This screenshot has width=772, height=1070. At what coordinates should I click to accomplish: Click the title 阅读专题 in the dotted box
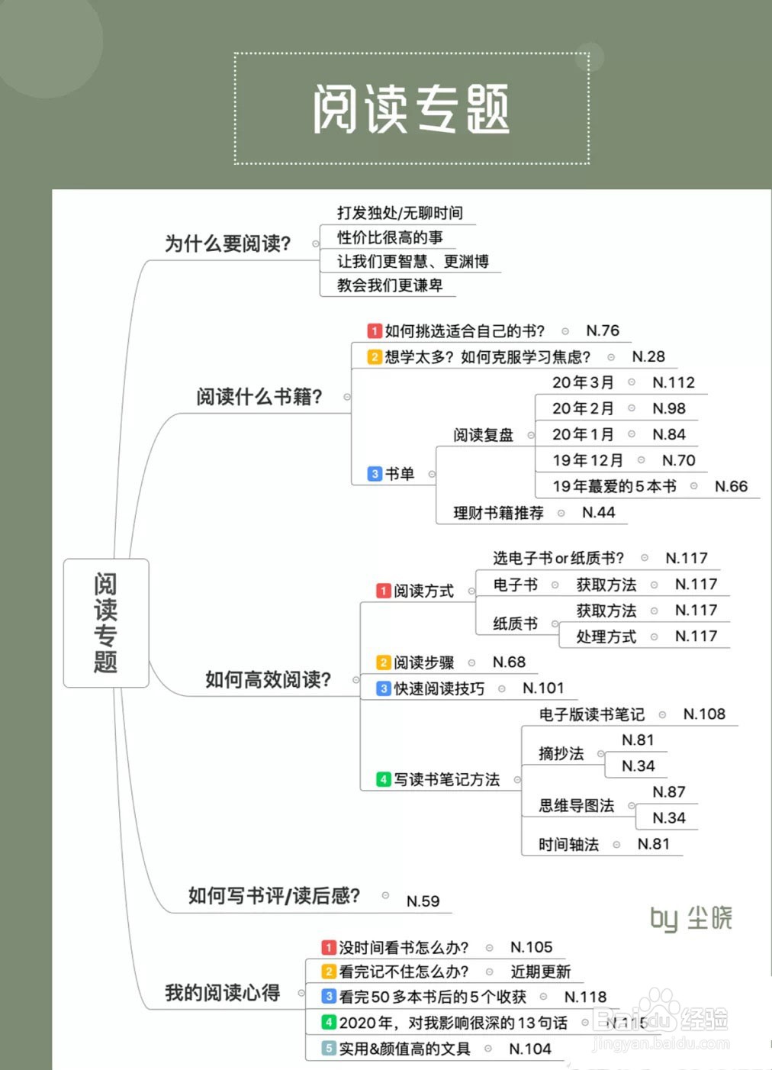(411, 109)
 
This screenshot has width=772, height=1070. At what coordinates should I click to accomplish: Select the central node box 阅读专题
(105, 623)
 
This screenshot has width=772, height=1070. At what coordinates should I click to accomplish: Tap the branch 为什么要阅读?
(227, 243)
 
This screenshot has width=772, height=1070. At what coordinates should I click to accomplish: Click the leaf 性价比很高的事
(390, 237)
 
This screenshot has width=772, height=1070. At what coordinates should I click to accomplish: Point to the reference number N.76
(603, 330)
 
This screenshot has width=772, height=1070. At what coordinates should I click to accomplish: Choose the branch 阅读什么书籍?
(259, 397)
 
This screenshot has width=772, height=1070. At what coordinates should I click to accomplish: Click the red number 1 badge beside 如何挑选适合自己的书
(374, 331)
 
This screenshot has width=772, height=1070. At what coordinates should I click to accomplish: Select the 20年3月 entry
(583, 382)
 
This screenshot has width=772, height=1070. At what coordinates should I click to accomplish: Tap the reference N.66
(731, 486)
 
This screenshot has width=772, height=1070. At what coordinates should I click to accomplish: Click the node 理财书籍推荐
(498, 513)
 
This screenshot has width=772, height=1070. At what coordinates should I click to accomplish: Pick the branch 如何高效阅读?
(268, 679)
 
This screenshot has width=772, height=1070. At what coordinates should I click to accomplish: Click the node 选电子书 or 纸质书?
(558, 558)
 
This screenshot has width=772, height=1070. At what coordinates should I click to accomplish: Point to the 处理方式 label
(606, 637)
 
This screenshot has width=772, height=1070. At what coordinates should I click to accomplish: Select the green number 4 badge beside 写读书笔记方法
(384, 779)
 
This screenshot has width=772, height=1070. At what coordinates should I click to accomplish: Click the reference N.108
(704, 714)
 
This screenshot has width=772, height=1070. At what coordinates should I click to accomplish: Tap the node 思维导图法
(576, 805)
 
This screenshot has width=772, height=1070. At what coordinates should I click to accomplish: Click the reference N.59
(423, 901)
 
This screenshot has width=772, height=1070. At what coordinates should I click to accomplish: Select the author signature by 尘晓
(690, 918)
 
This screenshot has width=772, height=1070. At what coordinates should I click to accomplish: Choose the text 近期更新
(540, 972)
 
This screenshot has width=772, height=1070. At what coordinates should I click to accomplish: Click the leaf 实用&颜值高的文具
(404, 1049)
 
